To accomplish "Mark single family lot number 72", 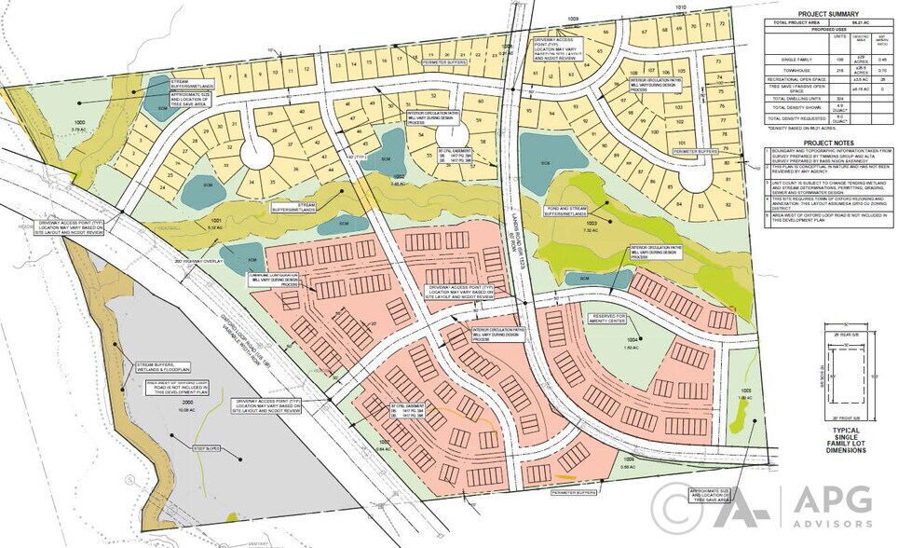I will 722,22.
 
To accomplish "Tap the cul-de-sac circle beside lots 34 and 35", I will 255,155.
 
